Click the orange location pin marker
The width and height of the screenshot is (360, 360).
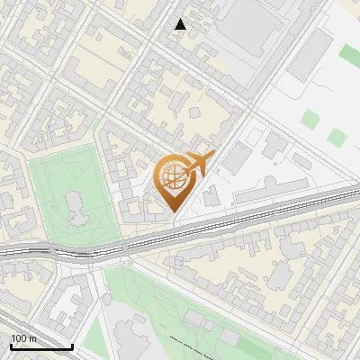click(175, 180)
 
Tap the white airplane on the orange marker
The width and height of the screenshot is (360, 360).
click(199, 164)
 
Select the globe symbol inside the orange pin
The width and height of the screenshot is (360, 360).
click(174, 177)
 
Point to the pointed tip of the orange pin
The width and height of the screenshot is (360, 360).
click(175, 211)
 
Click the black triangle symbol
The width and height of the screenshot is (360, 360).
click(181, 24)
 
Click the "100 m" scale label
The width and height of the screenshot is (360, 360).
click(23, 338)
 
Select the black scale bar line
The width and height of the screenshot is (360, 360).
click(41, 346)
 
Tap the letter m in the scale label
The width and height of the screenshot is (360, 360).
click(32, 338)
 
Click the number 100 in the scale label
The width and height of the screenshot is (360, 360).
click(19, 338)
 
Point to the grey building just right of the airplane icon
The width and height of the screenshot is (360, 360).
click(236, 157)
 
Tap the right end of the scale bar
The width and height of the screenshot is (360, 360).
click(72, 346)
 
